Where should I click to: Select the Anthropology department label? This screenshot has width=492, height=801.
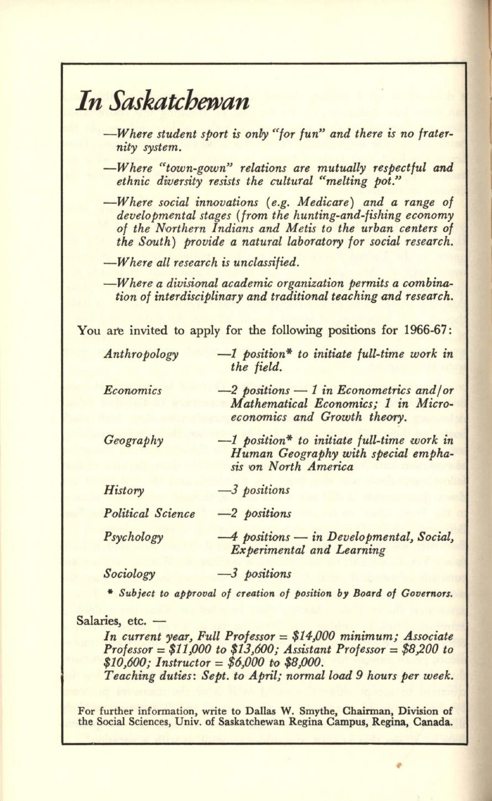(x=141, y=354)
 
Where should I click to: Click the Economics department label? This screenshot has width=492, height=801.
(x=133, y=390)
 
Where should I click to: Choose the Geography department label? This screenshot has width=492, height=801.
(x=133, y=440)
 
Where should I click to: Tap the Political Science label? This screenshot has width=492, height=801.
(x=149, y=514)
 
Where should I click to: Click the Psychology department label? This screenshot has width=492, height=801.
(x=133, y=537)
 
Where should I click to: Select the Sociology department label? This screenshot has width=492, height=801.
(x=129, y=574)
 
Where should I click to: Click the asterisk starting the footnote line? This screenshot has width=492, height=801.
(x=110, y=593)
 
